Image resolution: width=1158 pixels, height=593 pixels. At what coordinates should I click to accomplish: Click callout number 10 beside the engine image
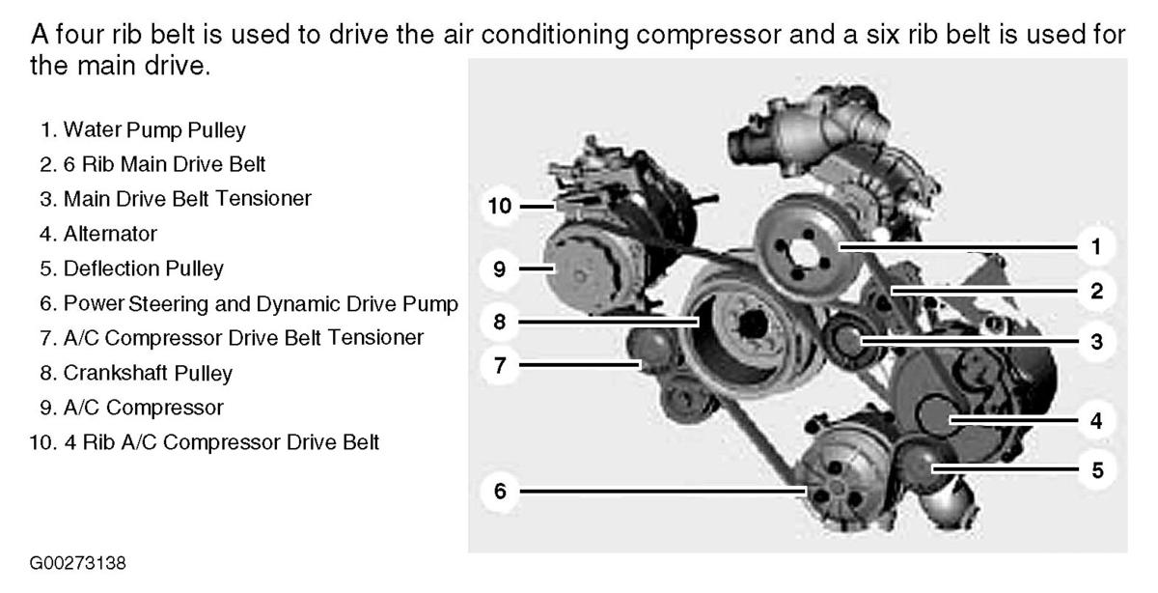pos(500,206)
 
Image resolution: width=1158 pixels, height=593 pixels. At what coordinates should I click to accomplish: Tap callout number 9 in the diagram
pos(500,269)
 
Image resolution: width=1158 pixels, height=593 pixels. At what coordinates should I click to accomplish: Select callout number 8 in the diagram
pos(500,322)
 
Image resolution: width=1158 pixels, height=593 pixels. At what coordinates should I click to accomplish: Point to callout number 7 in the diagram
pos(500,365)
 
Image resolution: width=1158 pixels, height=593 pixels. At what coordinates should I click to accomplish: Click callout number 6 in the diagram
pos(500,491)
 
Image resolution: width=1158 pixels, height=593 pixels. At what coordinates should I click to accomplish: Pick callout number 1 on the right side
pos(1096,247)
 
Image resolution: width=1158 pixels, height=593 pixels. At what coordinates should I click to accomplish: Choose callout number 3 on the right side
pos(1096,342)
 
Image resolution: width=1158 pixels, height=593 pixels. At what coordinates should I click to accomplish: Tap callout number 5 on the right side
pos(1096,470)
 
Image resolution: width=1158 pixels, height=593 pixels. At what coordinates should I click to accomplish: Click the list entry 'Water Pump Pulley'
pos(154,129)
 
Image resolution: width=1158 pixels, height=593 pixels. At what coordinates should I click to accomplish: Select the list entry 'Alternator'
pos(110,234)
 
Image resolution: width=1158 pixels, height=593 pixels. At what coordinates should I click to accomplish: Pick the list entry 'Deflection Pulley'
pos(143,268)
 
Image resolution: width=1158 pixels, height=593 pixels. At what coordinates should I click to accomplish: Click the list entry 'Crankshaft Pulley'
pos(148,373)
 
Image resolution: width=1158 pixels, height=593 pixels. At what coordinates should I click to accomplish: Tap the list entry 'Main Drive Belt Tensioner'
pos(187,199)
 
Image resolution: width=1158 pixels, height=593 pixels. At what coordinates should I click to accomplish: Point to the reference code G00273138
pos(77,563)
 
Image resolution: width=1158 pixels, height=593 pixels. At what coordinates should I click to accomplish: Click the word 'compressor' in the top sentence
pos(708,35)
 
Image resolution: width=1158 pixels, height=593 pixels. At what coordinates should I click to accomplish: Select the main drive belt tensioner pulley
pos(848,340)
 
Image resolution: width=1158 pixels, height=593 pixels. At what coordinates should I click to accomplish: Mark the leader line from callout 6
pos(663,491)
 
